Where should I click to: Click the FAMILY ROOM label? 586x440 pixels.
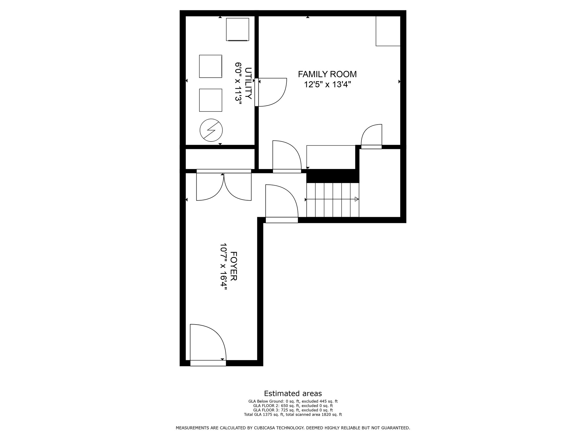[327, 74]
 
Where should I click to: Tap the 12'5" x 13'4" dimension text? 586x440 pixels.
[327, 85]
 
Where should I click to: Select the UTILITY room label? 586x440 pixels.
[248, 83]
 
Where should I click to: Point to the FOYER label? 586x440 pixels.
[233, 266]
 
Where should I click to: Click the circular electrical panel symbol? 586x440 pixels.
[211, 130]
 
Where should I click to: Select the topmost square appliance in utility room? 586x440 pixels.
[237, 29]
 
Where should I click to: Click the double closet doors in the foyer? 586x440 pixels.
[224, 186]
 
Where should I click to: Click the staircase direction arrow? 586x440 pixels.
[357, 199]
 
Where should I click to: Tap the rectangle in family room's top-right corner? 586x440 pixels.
[388, 31]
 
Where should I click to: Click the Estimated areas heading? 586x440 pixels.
[293, 393]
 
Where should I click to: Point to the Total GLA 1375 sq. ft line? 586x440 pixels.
[293, 414]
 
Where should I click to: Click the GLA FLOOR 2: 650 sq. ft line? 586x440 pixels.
[293, 406]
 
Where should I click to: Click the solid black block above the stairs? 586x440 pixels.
[332, 176]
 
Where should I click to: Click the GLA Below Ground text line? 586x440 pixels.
[293, 401]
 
